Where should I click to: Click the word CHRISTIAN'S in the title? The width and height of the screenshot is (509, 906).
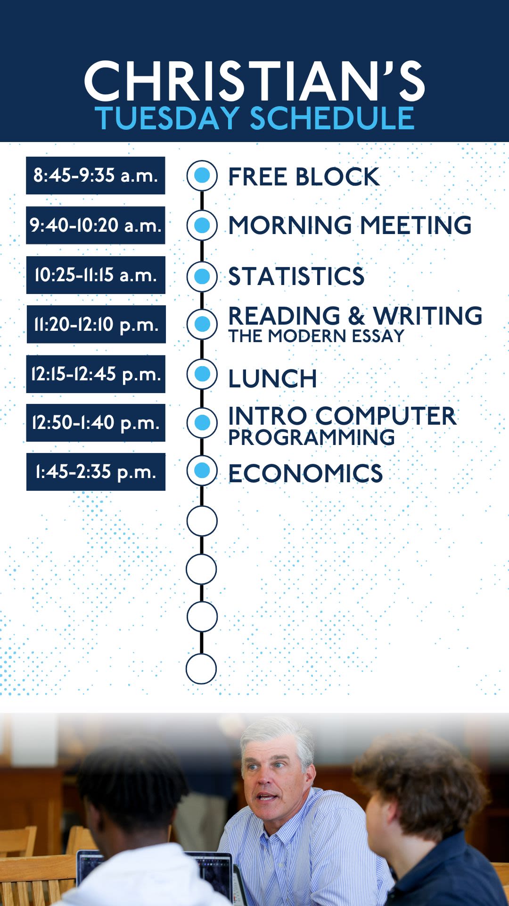click(x=254, y=81)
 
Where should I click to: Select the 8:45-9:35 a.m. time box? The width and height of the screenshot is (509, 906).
click(x=96, y=176)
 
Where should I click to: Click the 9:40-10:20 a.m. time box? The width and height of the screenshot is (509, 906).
click(x=96, y=225)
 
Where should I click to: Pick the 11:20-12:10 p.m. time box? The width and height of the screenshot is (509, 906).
click(x=96, y=324)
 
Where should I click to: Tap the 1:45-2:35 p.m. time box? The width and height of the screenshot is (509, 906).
click(x=96, y=472)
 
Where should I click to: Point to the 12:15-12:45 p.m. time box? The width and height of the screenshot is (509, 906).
click(x=96, y=374)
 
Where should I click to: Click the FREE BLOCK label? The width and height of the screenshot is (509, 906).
click(x=304, y=177)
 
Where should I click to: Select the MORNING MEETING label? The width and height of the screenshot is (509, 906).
click(x=350, y=225)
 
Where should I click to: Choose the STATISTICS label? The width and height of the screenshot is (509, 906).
click(x=296, y=276)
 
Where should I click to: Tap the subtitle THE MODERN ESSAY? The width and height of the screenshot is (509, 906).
click(x=316, y=336)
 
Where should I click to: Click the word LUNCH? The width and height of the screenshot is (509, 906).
click(x=272, y=378)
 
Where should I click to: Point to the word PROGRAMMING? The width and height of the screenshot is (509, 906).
click(x=312, y=437)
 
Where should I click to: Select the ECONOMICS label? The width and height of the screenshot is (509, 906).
click(x=305, y=473)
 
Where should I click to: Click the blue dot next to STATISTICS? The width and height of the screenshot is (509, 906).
click(x=202, y=277)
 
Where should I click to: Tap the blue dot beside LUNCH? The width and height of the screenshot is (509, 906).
click(x=202, y=374)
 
